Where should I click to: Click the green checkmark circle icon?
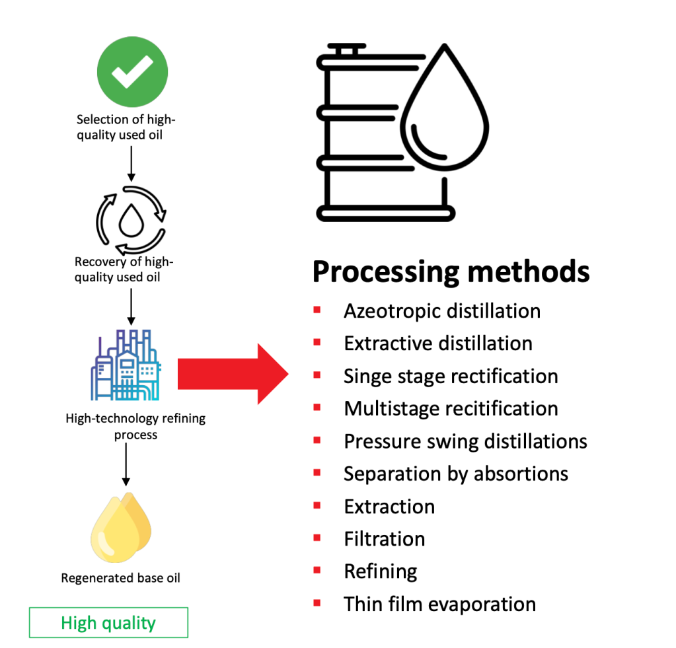pos(132,72)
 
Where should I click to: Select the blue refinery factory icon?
pos(126,365)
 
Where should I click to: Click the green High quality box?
pos(108,622)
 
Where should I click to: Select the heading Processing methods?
pos(451,271)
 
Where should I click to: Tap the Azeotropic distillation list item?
pos(442,310)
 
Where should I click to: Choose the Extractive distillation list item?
pos(438,343)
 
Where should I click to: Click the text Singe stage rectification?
pos(451,376)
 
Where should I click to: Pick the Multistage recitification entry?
pos(451,408)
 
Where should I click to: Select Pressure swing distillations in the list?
pos(465,441)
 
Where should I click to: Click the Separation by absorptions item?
pos(456,474)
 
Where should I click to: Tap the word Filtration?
pos(384,539)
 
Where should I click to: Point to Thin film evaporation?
pos(439,604)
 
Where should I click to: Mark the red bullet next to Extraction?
pos(317,505)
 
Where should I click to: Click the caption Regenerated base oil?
pos(120,578)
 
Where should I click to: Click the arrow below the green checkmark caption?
pos(131,163)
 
